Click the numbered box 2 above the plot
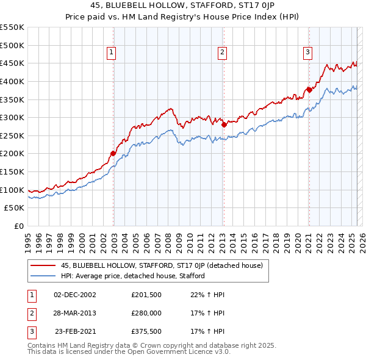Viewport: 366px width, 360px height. [222, 53]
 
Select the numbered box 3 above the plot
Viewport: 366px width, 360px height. [308, 53]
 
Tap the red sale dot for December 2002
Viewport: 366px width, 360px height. [113, 153]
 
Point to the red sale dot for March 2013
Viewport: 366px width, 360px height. [224, 124]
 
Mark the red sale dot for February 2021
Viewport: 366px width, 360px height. [309, 90]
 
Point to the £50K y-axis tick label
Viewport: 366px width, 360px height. [15, 208]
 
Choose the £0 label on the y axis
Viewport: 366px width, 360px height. [18, 226]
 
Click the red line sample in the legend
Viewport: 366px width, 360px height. [43, 265]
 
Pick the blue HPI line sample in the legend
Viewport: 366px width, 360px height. [43, 276]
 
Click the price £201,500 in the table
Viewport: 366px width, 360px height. [146, 295]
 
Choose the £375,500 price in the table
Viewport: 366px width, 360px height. [146, 333]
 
